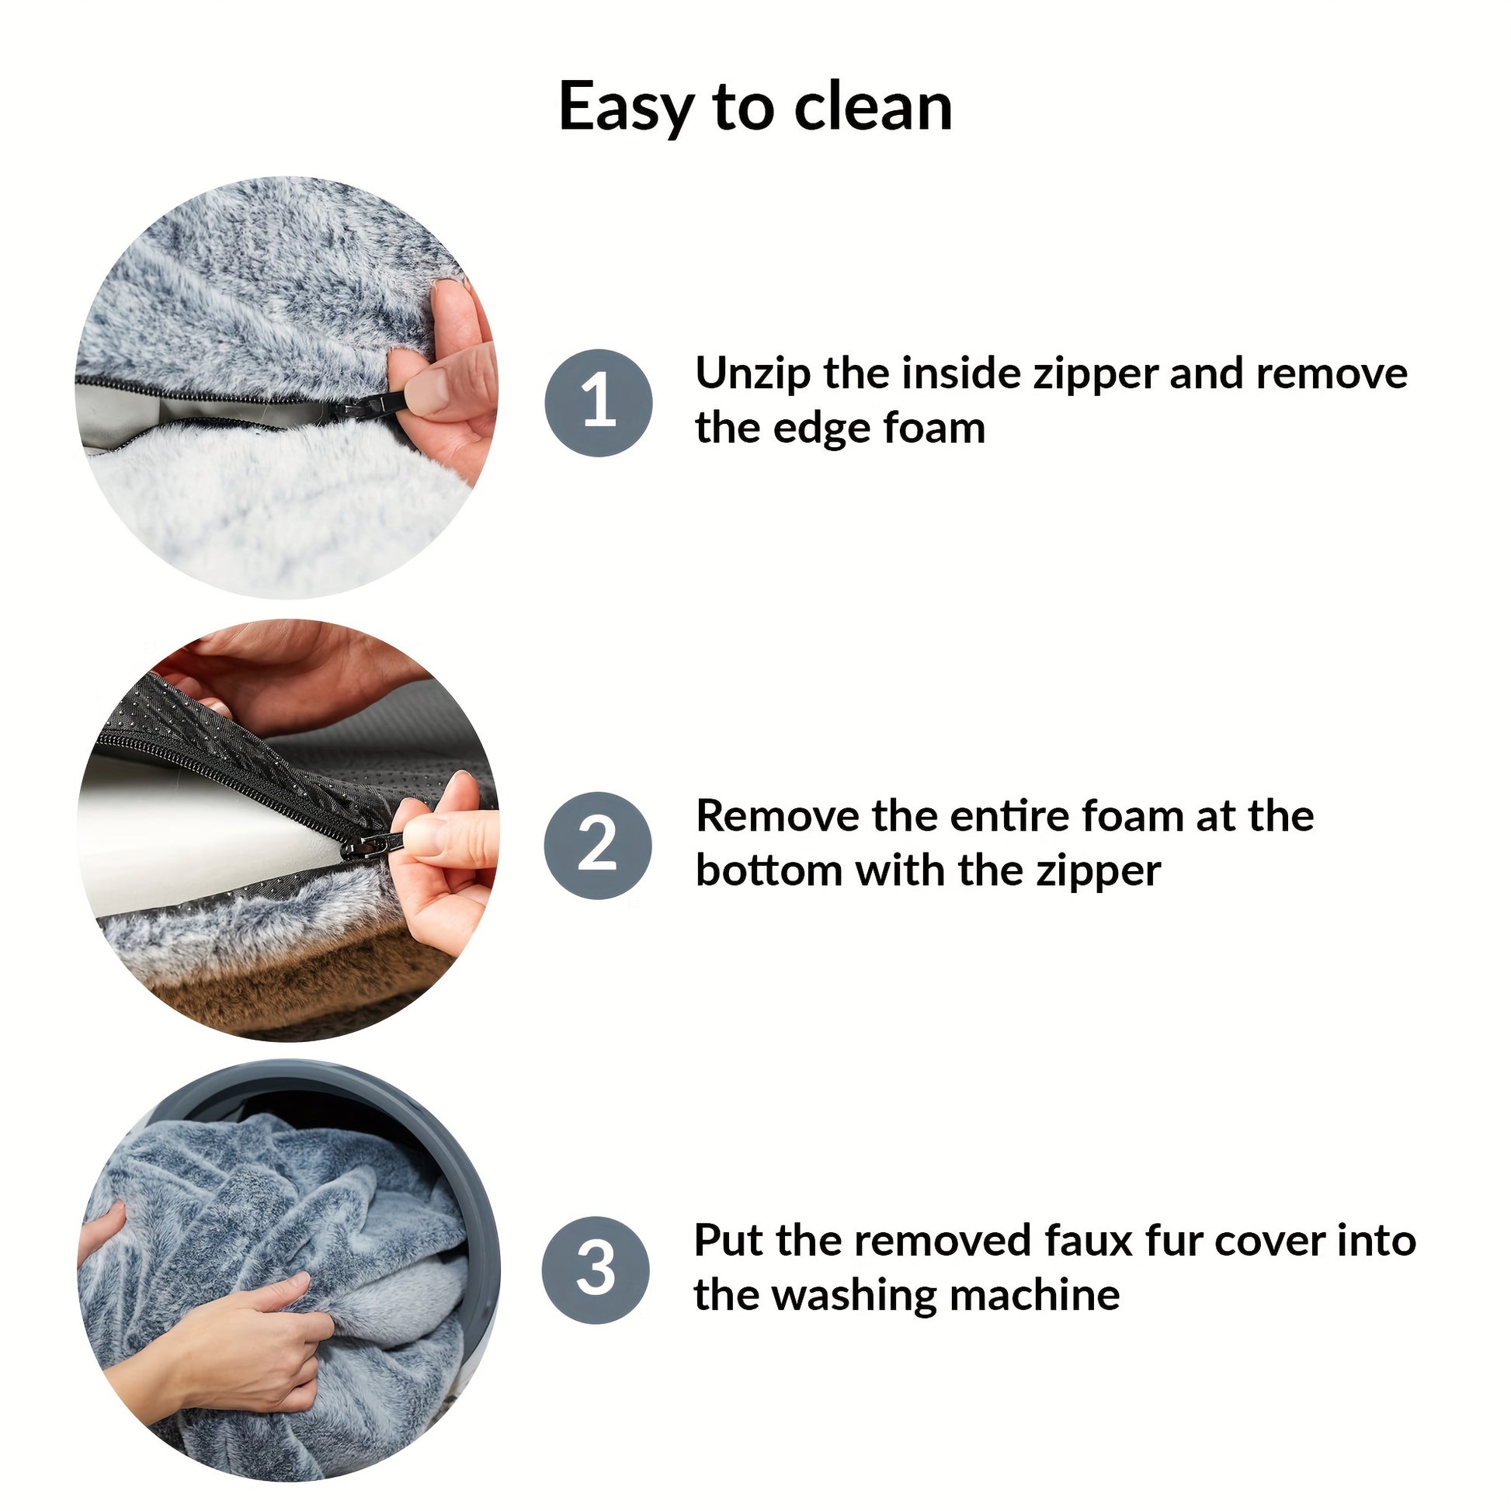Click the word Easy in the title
click(x=626, y=108)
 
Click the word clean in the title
click(x=874, y=106)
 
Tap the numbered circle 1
click(x=599, y=402)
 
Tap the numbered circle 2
click(x=599, y=845)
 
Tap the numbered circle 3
click(x=596, y=1270)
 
